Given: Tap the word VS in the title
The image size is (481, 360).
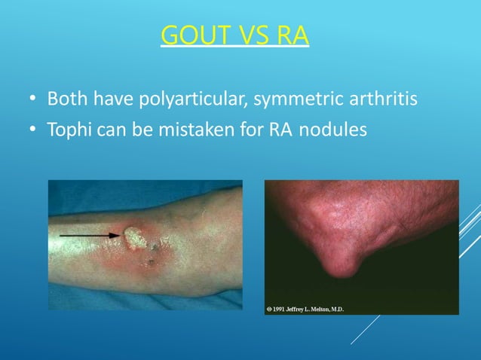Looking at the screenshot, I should [x=250, y=35].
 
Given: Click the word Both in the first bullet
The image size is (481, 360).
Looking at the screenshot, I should [x=67, y=99].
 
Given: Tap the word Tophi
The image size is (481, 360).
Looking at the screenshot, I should [x=69, y=130].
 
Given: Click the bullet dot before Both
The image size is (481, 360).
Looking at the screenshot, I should [x=32, y=100].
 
